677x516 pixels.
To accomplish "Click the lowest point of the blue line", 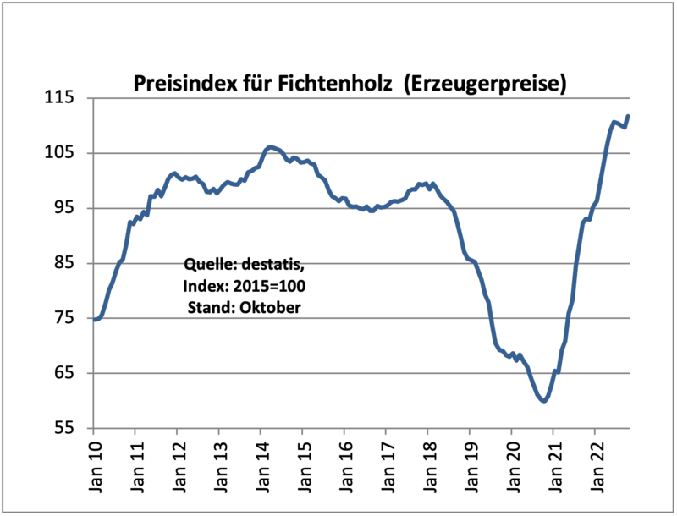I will (x=544, y=401).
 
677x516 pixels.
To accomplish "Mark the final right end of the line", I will (x=629, y=116).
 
